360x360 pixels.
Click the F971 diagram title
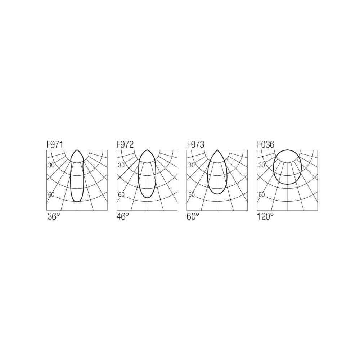point(55,144)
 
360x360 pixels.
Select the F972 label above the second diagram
point(125,144)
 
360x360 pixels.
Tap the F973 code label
point(195,144)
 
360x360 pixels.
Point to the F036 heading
point(266,144)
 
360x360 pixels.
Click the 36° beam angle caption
point(54,216)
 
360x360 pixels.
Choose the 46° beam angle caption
point(123,216)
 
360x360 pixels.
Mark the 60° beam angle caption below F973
point(193,216)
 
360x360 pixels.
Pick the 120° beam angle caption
point(265,216)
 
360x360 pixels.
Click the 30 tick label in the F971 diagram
point(51,165)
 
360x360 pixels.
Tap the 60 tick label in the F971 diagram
point(51,195)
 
